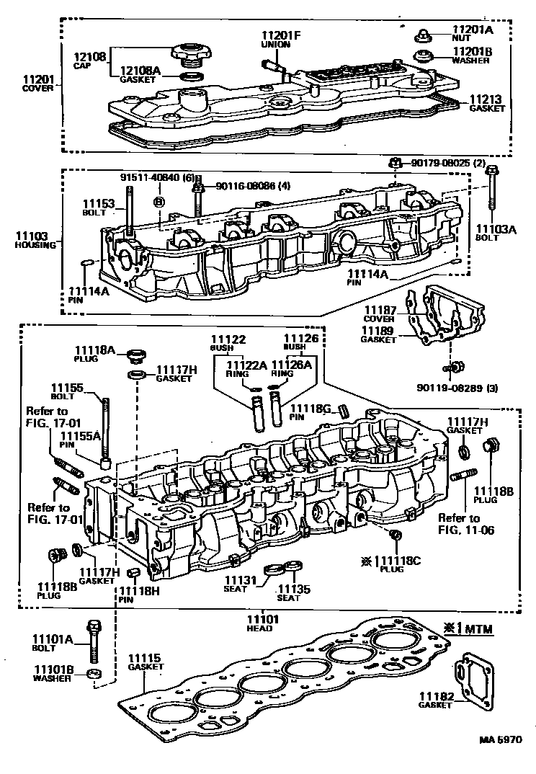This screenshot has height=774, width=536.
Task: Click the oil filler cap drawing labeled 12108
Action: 188,53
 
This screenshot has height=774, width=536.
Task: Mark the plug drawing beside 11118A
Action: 135,355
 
